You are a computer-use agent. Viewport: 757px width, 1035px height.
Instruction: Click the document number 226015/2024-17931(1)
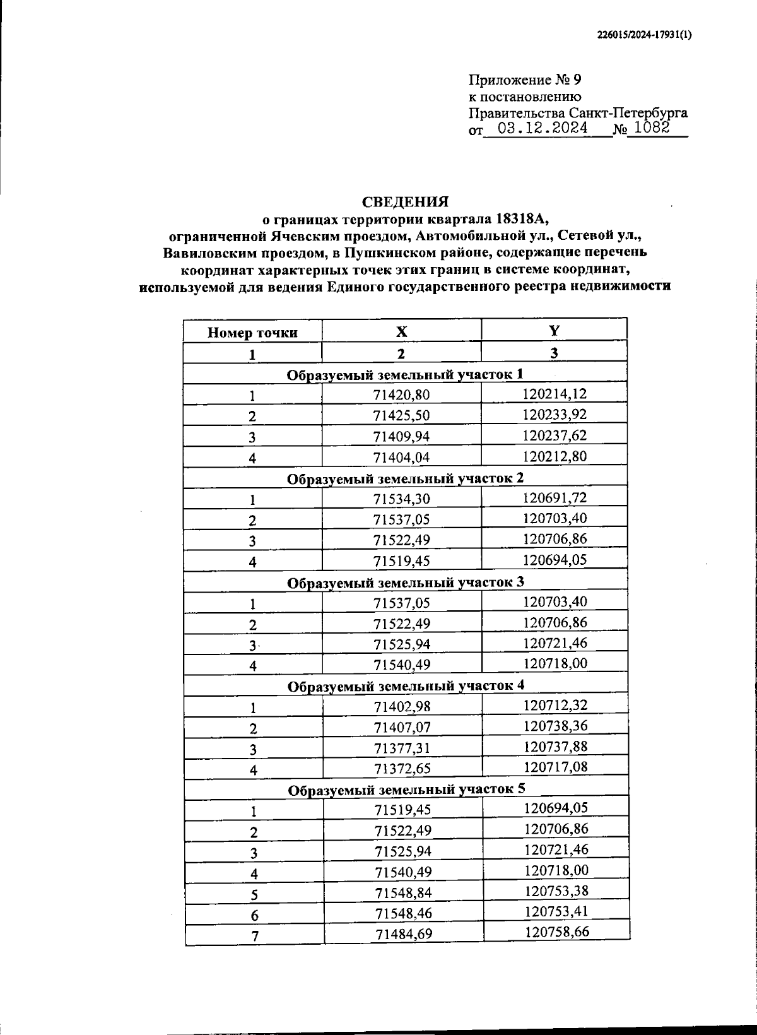coord(644,36)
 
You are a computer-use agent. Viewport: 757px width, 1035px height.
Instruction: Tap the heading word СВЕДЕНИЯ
coord(404,202)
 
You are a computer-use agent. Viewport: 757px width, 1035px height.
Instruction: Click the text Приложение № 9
coord(524,80)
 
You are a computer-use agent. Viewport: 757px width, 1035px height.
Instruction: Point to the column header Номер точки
coord(252,333)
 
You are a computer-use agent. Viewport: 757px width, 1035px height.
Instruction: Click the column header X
coord(401,332)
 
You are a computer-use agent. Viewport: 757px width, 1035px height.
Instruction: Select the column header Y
coord(554,331)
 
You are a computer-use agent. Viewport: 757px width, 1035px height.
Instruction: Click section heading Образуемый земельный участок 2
coord(405,478)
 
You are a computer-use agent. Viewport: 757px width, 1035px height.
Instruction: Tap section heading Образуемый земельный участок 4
coord(406,685)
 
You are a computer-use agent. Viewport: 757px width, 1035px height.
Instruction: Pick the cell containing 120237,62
coord(555,435)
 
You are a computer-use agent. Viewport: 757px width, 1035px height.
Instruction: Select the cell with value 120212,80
coord(555,456)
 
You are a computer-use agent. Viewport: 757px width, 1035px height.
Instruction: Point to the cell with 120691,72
coord(555,497)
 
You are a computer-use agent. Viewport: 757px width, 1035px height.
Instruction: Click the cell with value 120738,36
coord(555,726)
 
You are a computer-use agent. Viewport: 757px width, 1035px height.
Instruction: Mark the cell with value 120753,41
coord(556,911)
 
